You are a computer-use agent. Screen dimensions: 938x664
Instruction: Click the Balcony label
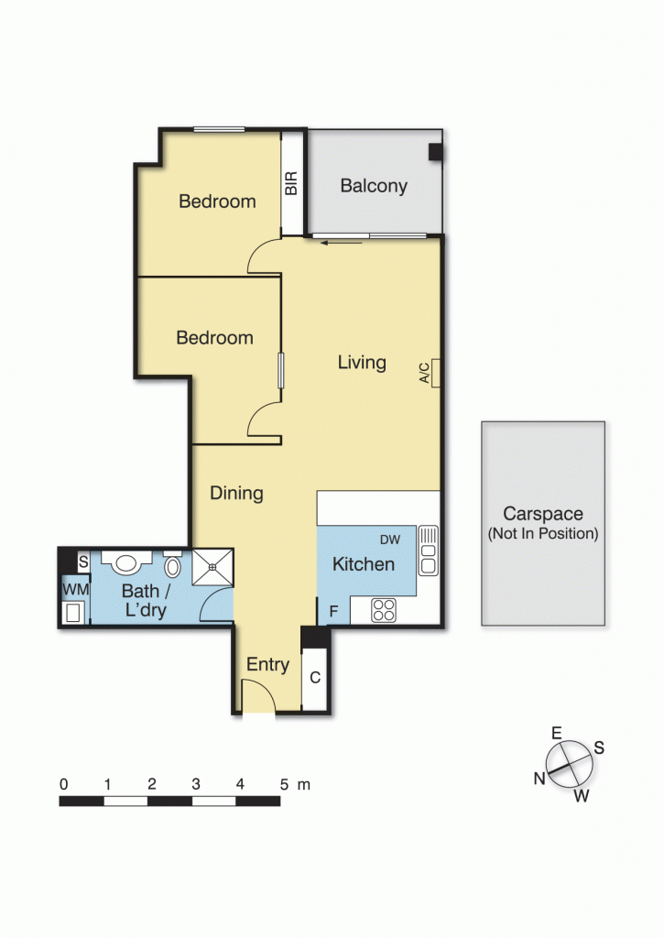[x=374, y=186]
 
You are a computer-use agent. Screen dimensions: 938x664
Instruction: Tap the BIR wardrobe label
[x=292, y=184]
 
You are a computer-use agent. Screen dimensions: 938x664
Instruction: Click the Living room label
[x=362, y=363]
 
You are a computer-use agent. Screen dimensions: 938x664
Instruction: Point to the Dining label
[x=236, y=494]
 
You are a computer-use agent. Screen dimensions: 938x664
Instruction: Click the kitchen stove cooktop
[x=385, y=610]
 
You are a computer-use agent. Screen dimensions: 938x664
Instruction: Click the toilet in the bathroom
[x=171, y=572]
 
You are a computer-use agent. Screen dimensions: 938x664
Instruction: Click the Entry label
[x=268, y=665]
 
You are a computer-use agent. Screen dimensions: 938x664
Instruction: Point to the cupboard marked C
[x=314, y=679]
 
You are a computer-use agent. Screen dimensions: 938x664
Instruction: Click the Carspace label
[x=542, y=515]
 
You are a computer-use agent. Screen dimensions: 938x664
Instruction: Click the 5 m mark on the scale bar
[x=284, y=785]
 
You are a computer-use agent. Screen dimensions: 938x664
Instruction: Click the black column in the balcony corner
[x=436, y=153]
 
